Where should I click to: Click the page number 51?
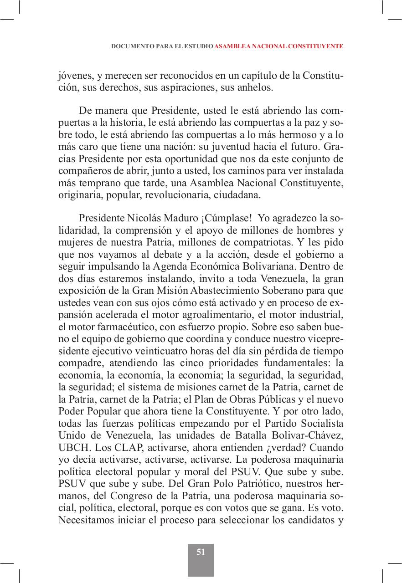201,552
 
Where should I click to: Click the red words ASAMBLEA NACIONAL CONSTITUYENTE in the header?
278,46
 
